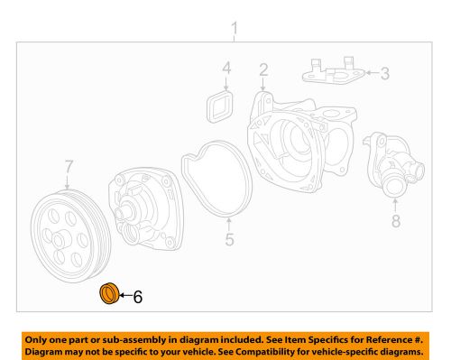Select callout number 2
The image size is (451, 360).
click(262, 69)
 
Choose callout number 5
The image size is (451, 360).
click(229, 239)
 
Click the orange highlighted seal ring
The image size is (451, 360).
click(108, 293)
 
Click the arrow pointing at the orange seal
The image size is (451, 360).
click(124, 294)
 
